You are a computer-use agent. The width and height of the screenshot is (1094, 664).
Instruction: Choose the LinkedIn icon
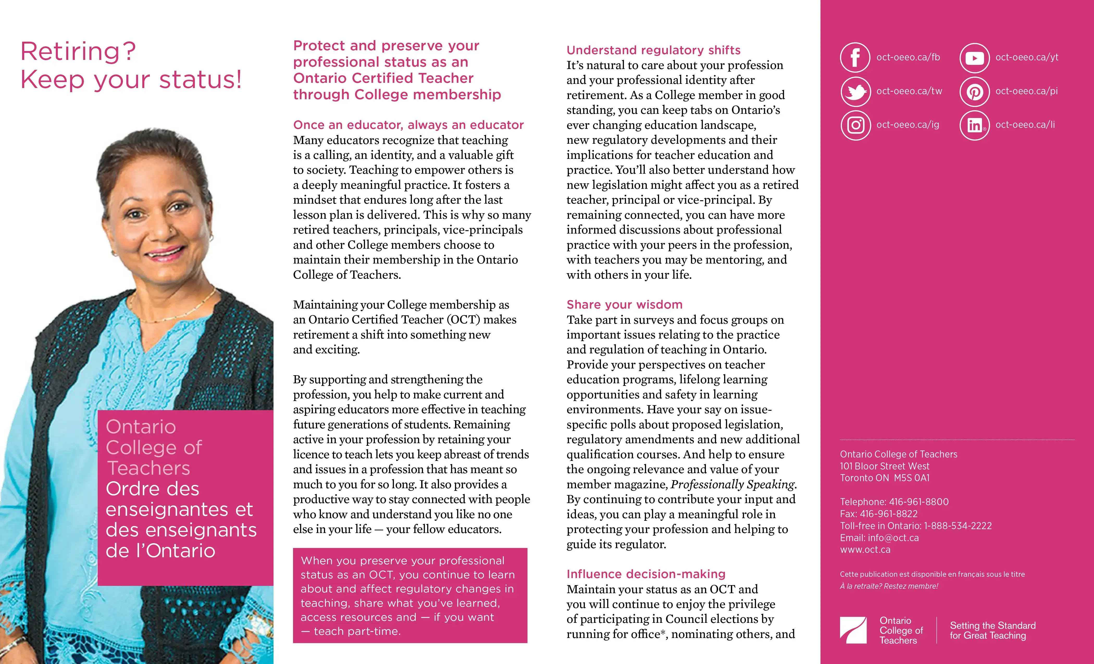[x=974, y=125]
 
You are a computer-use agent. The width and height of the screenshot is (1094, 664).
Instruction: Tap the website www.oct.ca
[x=865, y=550]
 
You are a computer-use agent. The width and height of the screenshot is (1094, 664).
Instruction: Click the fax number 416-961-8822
[x=888, y=514]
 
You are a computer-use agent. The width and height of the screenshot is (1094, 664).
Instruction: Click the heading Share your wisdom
[x=624, y=304]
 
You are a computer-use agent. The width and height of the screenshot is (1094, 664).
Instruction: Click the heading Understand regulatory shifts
[x=653, y=50]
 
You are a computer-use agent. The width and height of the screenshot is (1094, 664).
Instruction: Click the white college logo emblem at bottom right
[x=853, y=630]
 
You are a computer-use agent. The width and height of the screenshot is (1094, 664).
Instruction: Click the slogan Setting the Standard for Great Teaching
[x=992, y=630]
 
